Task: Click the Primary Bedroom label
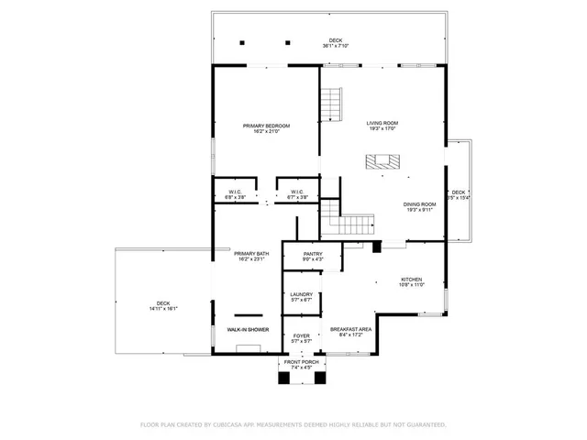(x=266, y=126)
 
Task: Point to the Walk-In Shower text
(x=248, y=329)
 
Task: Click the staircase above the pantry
(x=349, y=222)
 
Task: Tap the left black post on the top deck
(x=242, y=42)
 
